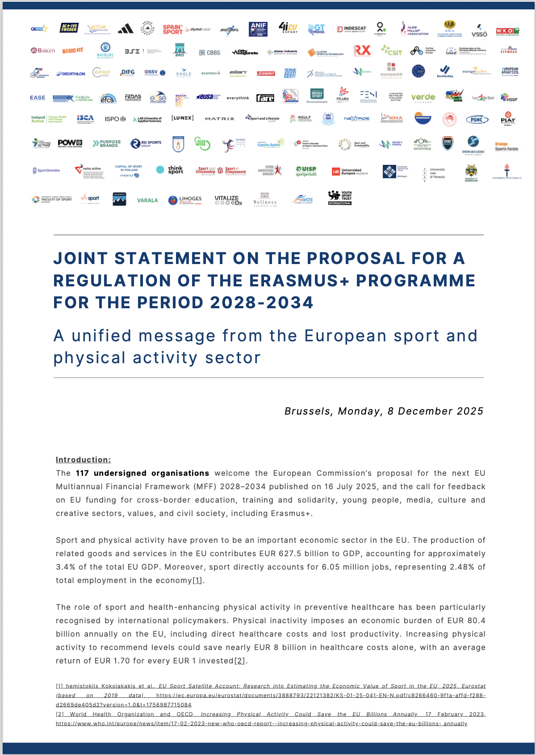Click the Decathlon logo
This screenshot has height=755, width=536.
[71, 74]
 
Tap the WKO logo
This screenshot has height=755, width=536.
[507, 31]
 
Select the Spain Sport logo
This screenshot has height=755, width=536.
[173, 29]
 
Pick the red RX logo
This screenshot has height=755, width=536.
[362, 50]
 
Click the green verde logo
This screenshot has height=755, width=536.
[423, 97]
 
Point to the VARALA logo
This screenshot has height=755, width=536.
[147, 200]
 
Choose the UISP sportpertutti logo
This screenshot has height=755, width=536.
[306, 171]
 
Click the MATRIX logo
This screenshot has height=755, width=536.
[219, 119]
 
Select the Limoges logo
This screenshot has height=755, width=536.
[185, 200]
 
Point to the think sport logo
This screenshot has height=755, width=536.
[170, 170]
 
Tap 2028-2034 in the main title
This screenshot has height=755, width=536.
[262, 302]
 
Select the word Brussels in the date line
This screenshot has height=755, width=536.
[308, 411]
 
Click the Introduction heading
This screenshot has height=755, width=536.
[83, 460]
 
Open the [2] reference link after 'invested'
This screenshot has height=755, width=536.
[240, 661]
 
